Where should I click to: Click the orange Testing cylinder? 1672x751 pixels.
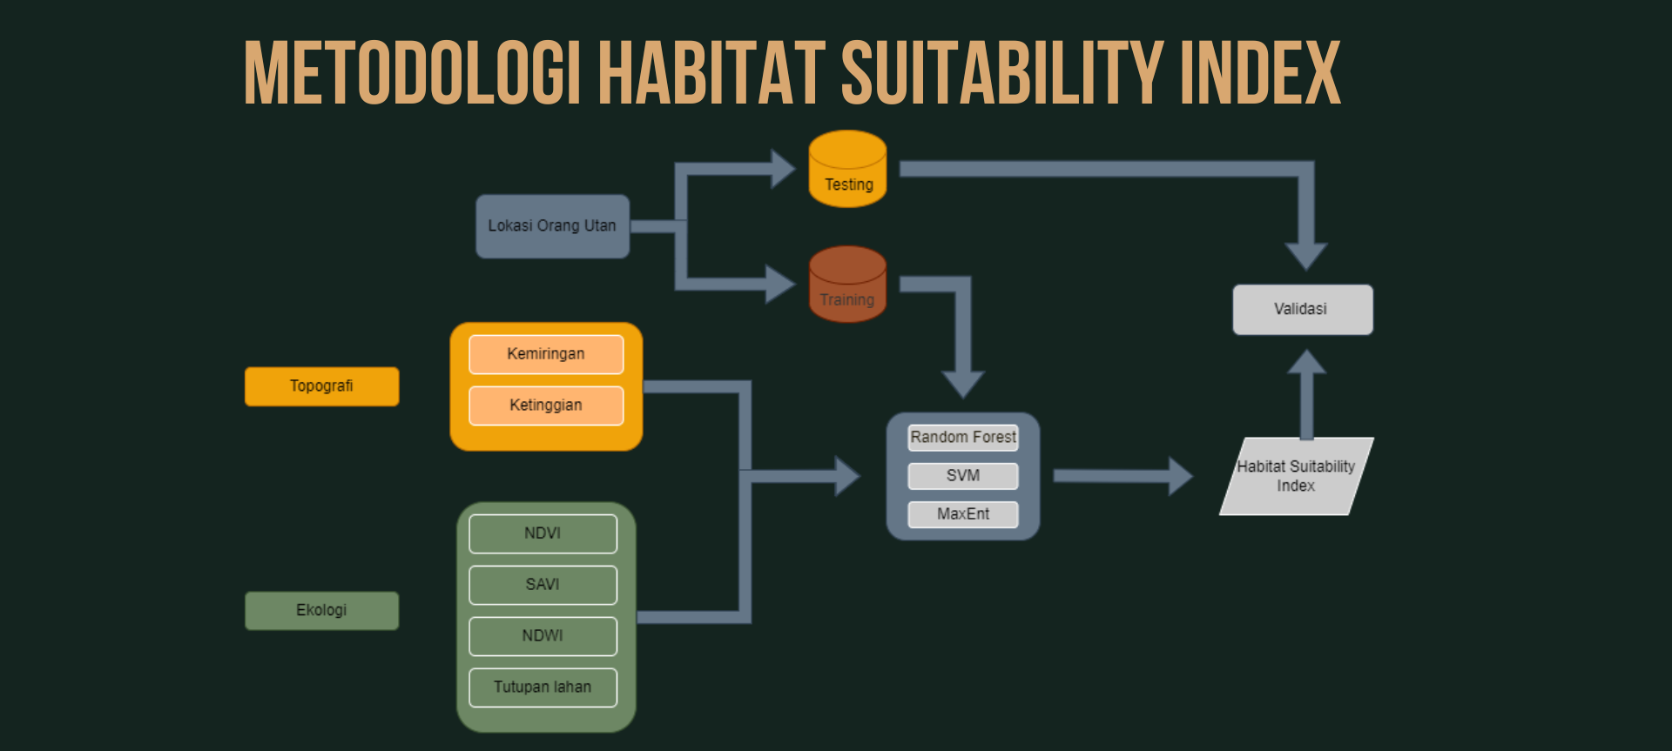click(847, 169)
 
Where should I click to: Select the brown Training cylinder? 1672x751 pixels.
click(847, 284)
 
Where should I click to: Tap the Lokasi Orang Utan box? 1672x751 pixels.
click(552, 226)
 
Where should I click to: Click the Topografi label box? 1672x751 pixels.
click(321, 386)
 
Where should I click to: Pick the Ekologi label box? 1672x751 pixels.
click(321, 611)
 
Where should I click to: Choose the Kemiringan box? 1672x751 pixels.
click(546, 354)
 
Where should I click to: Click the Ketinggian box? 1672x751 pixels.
click(546, 406)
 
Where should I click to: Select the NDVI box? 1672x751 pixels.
click(543, 533)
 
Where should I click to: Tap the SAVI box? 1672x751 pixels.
click(543, 585)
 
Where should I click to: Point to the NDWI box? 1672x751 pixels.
click(543, 636)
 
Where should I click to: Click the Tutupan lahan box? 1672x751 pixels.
click(543, 687)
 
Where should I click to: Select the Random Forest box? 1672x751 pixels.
click(963, 438)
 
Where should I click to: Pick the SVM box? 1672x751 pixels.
click(963, 476)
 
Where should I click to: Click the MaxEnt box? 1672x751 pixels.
click(963, 514)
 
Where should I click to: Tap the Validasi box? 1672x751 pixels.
click(1303, 310)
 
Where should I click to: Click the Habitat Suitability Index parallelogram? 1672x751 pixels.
click(1297, 476)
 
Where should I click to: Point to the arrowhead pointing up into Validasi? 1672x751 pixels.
click(1306, 362)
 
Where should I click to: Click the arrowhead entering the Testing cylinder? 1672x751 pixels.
click(783, 169)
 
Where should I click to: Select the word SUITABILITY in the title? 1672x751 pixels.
click(1002, 73)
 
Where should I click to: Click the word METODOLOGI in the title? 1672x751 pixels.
click(413, 73)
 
